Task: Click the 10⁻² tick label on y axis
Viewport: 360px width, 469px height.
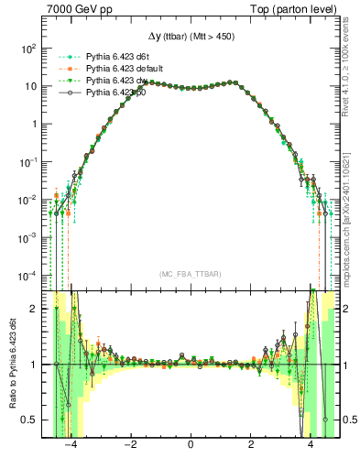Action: click(x=29, y=200)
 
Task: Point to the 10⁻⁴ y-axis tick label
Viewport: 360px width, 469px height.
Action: click(x=29, y=276)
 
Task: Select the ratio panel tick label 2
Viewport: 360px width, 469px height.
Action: click(x=34, y=309)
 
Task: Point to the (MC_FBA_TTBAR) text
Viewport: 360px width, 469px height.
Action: click(x=191, y=275)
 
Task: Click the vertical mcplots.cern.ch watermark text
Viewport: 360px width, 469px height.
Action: click(x=351, y=215)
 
